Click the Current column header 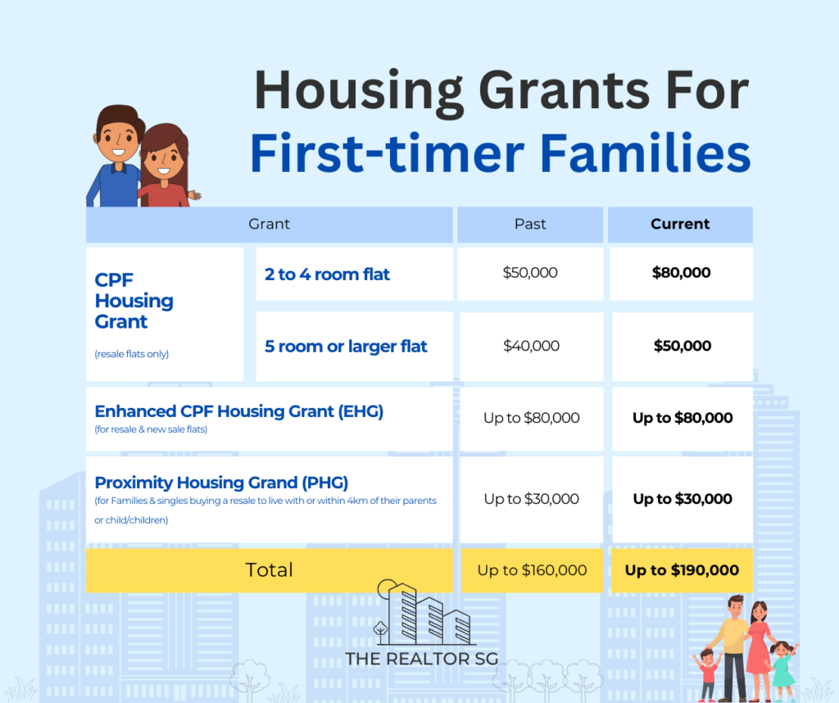click(x=680, y=224)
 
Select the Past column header click(x=530, y=224)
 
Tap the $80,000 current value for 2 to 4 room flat click(x=681, y=273)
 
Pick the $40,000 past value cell click(x=531, y=346)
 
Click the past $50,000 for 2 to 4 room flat click(x=530, y=273)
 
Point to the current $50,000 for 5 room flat click(x=683, y=346)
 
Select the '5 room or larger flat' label click(x=346, y=347)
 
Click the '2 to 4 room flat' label click(x=327, y=274)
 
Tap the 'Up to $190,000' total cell click(x=682, y=570)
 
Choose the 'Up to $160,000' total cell click(x=532, y=570)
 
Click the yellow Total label click(x=269, y=570)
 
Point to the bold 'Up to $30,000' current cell click(x=683, y=499)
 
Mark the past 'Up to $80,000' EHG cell click(x=531, y=418)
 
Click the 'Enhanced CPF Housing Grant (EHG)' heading click(x=239, y=411)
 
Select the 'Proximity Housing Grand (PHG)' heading click(x=221, y=483)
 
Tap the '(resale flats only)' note click(x=132, y=354)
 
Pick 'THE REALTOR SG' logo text click(x=422, y=659)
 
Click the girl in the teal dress click(x=782, y=671)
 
